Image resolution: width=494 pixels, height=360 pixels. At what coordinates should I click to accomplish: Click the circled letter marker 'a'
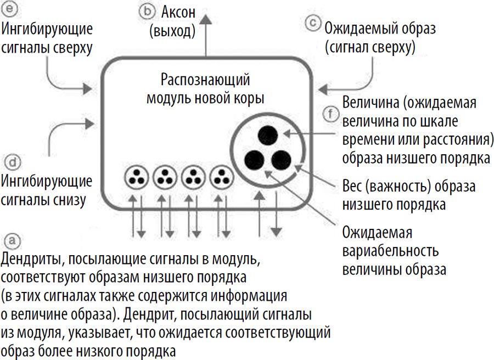coord(11,240)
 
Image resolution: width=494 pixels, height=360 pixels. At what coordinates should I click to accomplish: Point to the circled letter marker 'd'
coord(12,161)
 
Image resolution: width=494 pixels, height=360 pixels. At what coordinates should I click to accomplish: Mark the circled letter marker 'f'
coord(329,114)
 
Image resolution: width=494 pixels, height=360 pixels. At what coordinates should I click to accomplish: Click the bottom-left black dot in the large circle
coord(254,159)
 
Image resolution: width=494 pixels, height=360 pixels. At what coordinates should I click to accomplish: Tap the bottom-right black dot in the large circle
coord(281,159)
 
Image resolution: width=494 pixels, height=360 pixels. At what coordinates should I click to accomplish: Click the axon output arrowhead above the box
coord(206,19)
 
